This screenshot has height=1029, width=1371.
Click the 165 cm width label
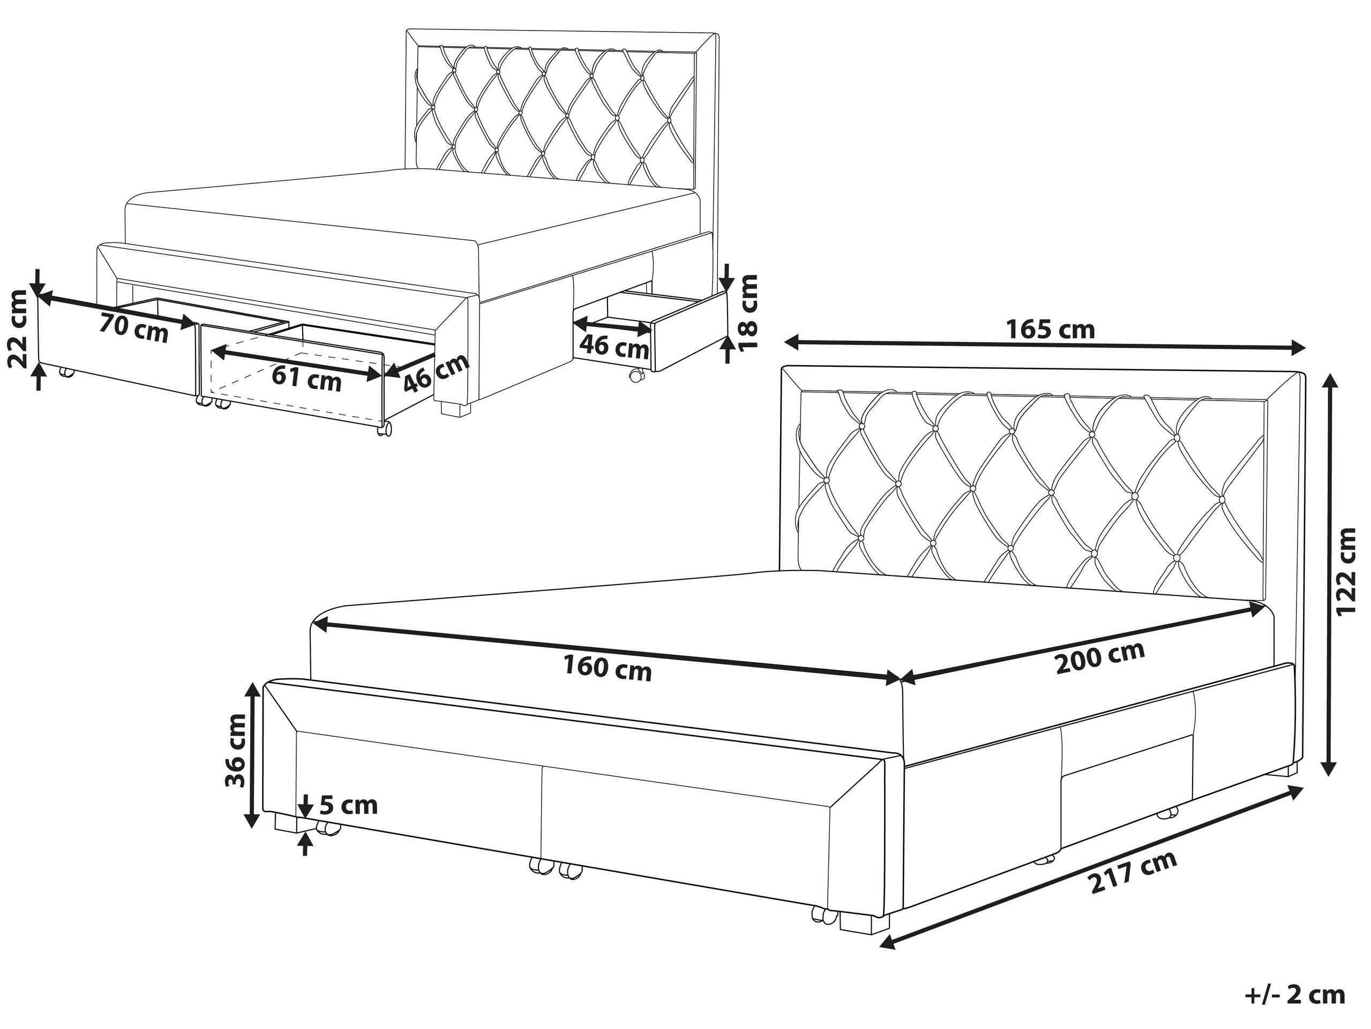tap(1050, 329)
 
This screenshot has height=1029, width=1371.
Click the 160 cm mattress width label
tap(608, 669)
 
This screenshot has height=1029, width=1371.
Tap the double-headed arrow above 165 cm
tap(1045, 345)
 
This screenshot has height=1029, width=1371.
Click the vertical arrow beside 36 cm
tap(252, 755)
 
